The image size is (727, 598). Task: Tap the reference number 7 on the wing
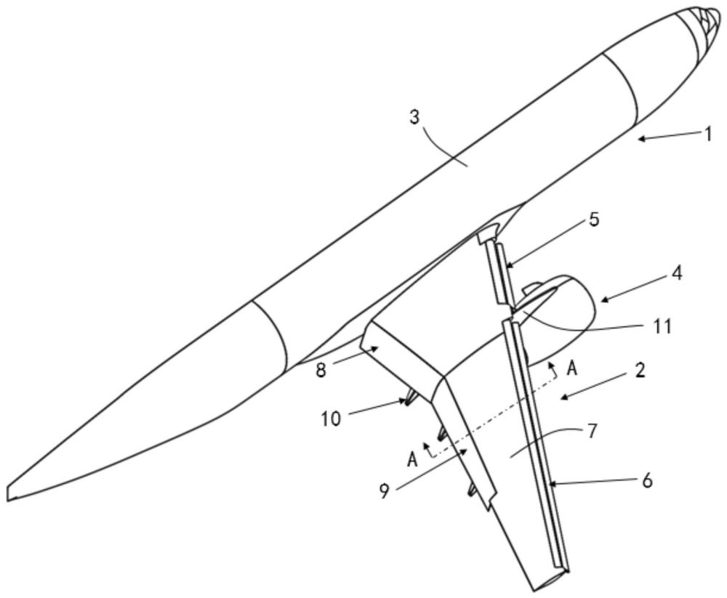pyautogui.click(x=593, y=431)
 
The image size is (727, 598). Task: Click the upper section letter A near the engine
pyautogui.click(x=572, y=369)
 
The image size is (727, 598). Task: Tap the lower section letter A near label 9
pyautogui.click(x=412, y=460)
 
